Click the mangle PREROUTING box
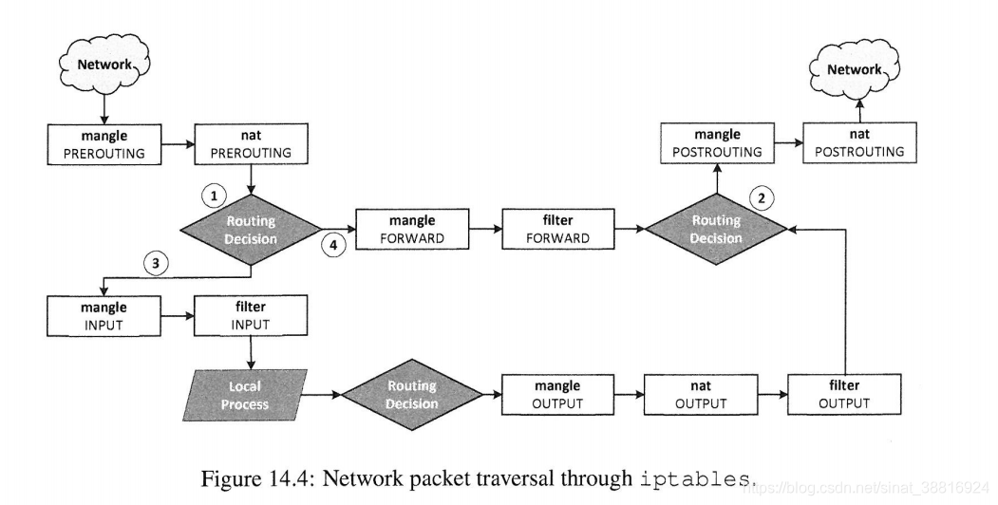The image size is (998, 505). coord(104,144)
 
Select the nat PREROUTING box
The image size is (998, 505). coord(251,143)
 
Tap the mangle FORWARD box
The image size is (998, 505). coord(412,229)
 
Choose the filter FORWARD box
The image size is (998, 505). coord(558,229)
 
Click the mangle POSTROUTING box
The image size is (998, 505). coord(717,143)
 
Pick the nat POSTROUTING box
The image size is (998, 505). coord(859,143)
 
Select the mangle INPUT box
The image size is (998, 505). coord(104,315)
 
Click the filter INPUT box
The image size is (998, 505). coord(251,315)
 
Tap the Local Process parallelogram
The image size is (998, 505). coord(245,395)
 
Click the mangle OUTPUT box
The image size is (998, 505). coord(558,394)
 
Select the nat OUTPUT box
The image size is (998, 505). coord(701,394)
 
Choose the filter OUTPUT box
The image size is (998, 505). coord(844,394)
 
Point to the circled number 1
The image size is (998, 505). coord(214,196)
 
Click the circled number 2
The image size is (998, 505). coord(762,197)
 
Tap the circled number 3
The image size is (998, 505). coord(156,262)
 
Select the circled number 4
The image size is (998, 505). coord(333,244)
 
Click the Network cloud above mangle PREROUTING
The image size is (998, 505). coord(104,64)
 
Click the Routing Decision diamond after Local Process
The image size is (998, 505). coord(412,395)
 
